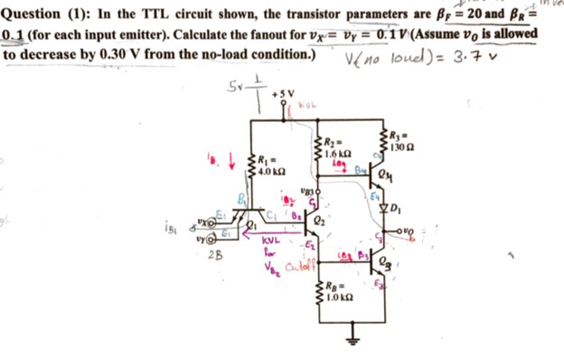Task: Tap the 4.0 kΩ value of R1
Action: click(x=272, y=171)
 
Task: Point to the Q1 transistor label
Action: click(x=254, y=226)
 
